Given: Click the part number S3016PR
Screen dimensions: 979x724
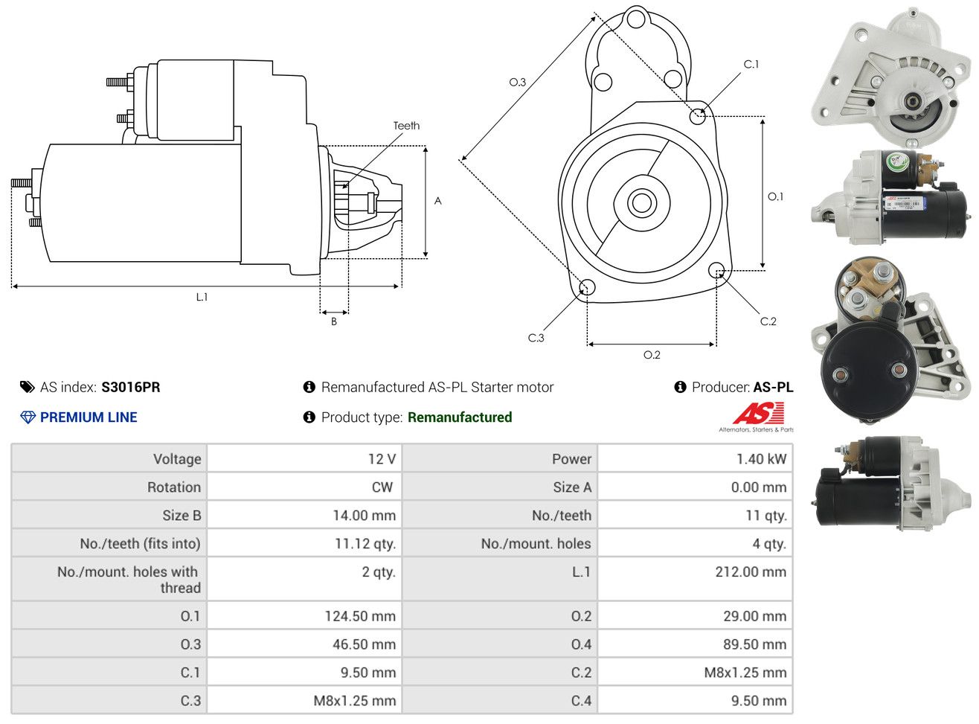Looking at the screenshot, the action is (131, 387).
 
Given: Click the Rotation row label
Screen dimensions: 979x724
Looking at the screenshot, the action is (174, 487).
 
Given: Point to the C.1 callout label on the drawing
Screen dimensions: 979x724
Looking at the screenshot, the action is (751, 65).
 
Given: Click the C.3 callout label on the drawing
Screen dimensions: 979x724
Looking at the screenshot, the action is (536, 338).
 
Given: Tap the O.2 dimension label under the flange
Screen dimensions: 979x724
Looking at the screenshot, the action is (652, 355).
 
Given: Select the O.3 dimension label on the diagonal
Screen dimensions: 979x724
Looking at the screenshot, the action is (517, 82).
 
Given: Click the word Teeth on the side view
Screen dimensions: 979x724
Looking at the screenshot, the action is (406, 126).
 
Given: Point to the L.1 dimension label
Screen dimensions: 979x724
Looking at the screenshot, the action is (202, 297).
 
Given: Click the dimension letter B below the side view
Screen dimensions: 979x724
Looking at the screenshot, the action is (334, 322).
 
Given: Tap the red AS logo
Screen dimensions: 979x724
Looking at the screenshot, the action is (758, 413).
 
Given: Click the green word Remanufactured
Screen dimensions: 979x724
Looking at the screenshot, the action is (460, 417).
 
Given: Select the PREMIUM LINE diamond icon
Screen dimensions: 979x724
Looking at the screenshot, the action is (28, 417).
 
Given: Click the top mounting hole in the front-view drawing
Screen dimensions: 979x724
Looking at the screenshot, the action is (635, 20).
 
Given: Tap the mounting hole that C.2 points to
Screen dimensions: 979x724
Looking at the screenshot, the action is (716, 270).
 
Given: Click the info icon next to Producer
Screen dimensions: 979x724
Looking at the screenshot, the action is (680, 387).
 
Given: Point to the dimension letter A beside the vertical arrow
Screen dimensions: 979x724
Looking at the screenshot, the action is (437, 202).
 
